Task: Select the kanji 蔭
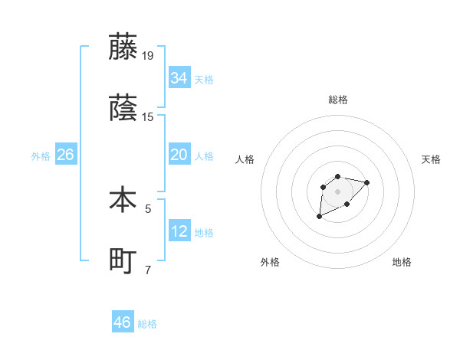tap(123, 108)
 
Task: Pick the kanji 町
tap(123, 261)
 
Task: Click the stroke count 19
tap(148, 55)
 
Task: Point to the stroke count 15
tap(148, 117)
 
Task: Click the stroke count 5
tap(148, 208)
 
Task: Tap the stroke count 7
tap(148, 270)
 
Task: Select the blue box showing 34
tap(179, 78)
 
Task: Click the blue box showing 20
tap(179, 155)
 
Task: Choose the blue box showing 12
tap(179, 231)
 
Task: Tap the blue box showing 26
tap(65, 155)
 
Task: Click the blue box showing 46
tap(123, 322)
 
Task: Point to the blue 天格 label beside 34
tap(204, 80)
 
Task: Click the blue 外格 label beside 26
tap(41, 156)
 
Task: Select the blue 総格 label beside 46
tap(147, 324)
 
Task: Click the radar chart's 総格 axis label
tap(338, 100)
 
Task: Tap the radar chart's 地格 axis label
tap(402, 262)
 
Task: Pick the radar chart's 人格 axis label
tap(245, 159)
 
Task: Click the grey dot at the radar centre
tap(337, 191)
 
